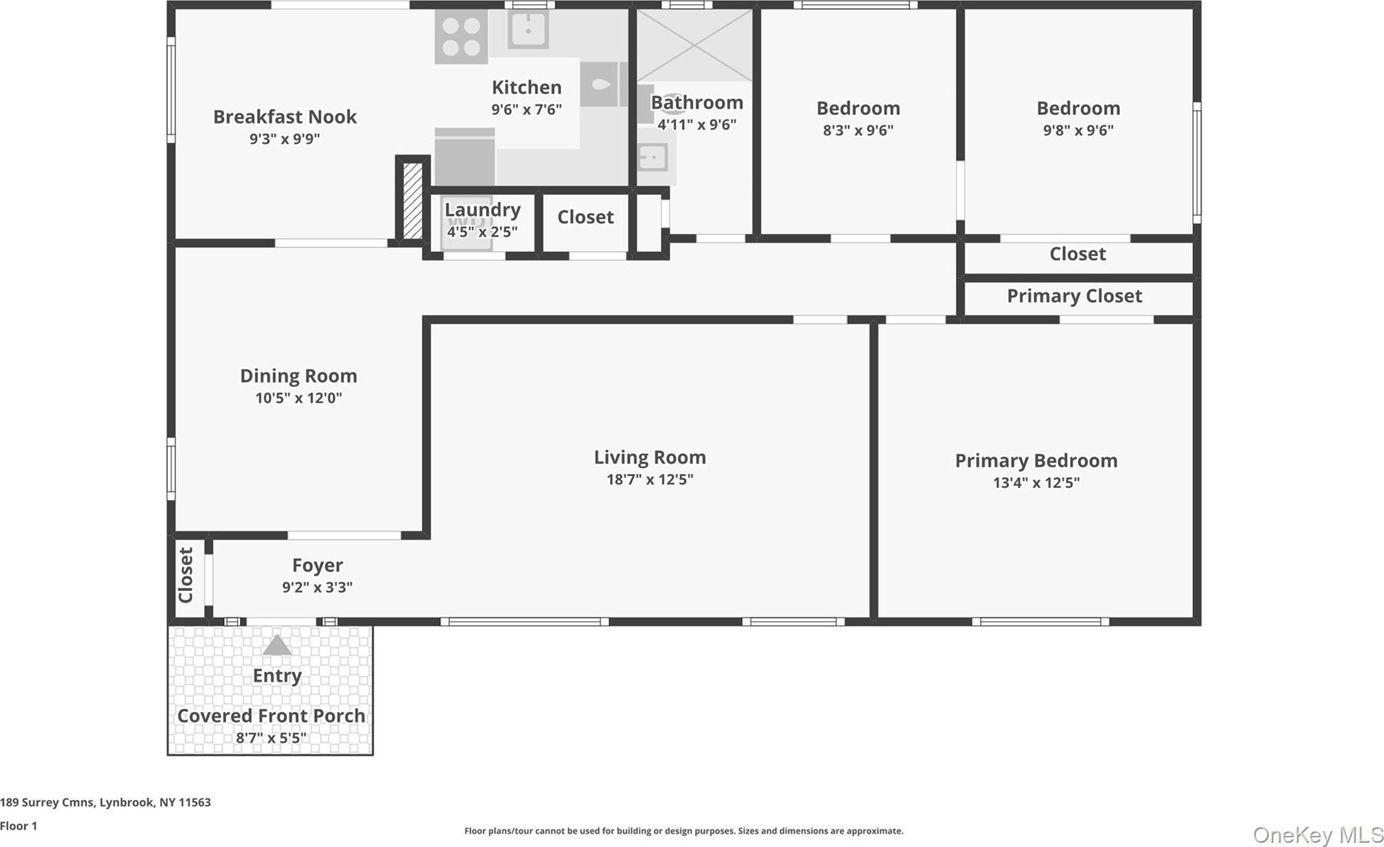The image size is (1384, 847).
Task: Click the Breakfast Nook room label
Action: (285, 117)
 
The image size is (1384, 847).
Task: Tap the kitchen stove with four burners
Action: (461, 37)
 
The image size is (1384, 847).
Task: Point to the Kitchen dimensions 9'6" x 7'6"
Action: (526, 109)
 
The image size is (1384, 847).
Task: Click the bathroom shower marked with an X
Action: (694, 46)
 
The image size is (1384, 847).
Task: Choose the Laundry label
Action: (483, 210)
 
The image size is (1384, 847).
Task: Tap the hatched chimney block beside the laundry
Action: (412, 201)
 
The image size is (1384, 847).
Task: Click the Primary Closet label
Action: (1074, 296)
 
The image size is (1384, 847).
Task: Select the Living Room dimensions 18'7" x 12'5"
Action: (650, 480)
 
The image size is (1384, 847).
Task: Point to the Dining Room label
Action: (299, 376)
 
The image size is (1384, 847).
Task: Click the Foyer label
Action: (317, 565)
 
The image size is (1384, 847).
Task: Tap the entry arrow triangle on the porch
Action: (277, 645)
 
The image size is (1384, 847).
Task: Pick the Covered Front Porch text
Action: (271, 716)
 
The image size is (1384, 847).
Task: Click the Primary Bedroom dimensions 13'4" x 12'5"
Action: (1036, 483)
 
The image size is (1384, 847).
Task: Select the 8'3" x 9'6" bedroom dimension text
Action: (858, 130)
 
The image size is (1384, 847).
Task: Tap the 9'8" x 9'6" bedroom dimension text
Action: (1078, 130)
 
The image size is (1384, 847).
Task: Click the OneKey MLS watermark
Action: (1318, 835)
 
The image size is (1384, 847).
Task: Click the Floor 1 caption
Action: (19, 826)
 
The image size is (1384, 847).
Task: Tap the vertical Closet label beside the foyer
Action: (186, 576)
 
